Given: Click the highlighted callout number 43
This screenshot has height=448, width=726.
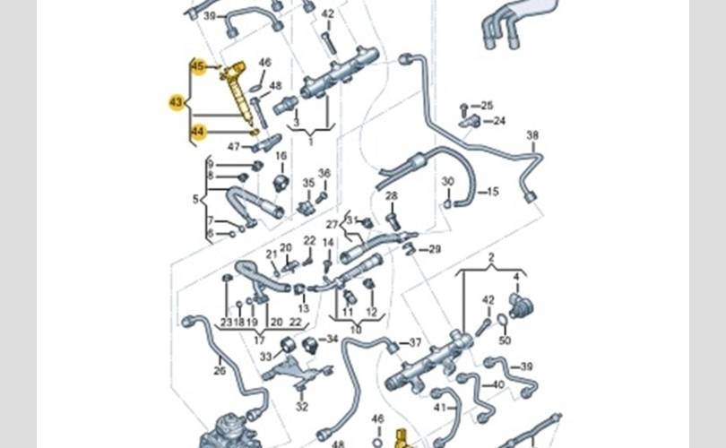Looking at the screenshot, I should pyautogui.click(x=176, y=103).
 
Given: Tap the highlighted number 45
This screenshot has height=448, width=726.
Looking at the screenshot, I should pyautogui.click(x=198, y=65).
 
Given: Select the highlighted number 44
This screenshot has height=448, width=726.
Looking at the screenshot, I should pyautogui.click(x=198, y=133).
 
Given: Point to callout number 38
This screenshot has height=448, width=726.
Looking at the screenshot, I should pyautogui.click(x=532, y=135).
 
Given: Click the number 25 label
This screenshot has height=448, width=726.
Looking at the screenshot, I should pyautogui.click(x=488, y=106).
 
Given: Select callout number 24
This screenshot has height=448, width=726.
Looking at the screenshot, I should pyautogui.click(x=499, y=121).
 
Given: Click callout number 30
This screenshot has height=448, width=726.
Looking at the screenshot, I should pyautogui.click(x=448, y=182).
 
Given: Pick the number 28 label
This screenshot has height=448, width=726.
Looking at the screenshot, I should pyautogui.click(x=391, y=195).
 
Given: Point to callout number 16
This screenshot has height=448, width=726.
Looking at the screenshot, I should pyautogui.click(x=281, y=156).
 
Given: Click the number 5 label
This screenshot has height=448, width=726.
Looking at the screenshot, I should pyautogui.click(x=195, y=199).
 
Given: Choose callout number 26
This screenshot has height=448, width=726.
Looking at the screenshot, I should pyautogui.click(x=220, y=370).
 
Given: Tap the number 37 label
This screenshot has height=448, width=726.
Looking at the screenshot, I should pyautogui.click(x=415, y=343).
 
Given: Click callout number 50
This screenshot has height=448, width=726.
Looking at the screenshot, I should pyautogui.click(x=504, y=341).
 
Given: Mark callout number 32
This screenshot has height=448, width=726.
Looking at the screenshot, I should pyautogui.click(x=302, y=407).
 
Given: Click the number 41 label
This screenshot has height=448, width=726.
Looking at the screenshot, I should pyautogui.click(x=439, y=408).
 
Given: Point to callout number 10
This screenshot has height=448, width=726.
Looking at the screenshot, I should pyautogui.click(x=355, y=330).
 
